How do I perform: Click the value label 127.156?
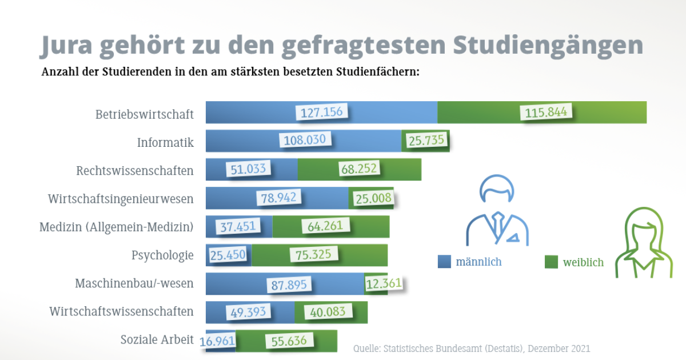click(x=322, y=112)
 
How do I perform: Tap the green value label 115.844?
click(x=546, y=112)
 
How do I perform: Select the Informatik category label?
click(x=165, y=142)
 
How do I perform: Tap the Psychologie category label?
click(x=162, y=255)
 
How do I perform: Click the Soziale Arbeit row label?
click(x=157, y=340)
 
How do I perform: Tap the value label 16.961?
click(x=218, y=341)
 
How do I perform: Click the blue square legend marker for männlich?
click(x=445, y=262)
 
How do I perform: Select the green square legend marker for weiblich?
click(x=551, y=262)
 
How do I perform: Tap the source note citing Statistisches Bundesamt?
click(x=472, y=348)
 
